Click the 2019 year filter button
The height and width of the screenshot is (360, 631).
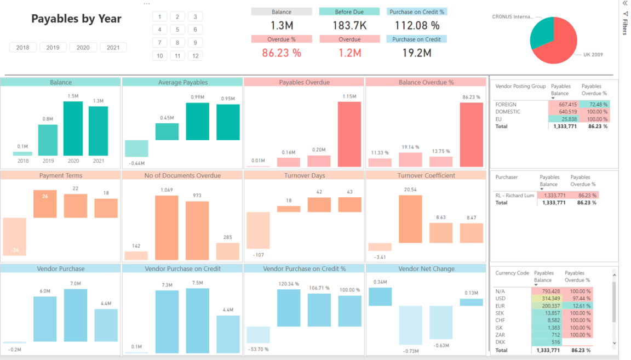click(53, 48)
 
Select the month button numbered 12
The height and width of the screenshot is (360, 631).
click(195, 56)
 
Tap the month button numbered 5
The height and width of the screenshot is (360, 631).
click(177, 30)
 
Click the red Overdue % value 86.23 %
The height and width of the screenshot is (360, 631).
click(282, 53)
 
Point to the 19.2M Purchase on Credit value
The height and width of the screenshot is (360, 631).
click(416, 53)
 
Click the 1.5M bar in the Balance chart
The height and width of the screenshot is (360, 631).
click(73, 129)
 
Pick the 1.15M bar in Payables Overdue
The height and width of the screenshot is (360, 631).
click(349, 134)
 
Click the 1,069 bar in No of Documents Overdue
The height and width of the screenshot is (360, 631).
click(167, 227)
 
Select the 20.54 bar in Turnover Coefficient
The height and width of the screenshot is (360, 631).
click(410, 219)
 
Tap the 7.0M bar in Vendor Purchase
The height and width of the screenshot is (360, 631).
click(76, 315)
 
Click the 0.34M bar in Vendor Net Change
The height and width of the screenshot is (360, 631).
click(380, 296)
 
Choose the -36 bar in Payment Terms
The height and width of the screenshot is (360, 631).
click(14, 237)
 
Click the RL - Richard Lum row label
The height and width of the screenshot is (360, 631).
click(514, 195)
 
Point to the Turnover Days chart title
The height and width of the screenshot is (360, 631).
click(304, 175)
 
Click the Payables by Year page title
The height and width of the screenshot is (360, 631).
click(76, 19)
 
